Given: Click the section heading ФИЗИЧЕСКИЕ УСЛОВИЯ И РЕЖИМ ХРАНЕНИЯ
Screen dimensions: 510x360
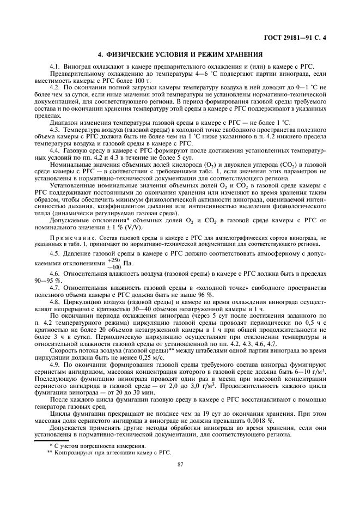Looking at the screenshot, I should click(180, 54).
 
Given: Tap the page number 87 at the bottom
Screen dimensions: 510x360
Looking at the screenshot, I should click(180, 464).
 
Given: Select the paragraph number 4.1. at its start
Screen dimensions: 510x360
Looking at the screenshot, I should click(56, 66).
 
